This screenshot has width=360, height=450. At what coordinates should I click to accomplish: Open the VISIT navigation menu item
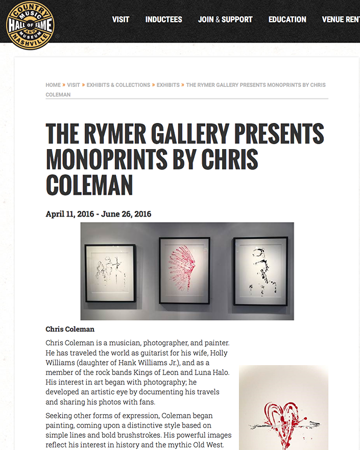[x=121, y=19]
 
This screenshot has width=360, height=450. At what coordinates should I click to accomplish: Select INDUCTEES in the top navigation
[x=163, y=19]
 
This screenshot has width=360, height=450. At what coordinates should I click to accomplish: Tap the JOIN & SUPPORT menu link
[x=225, y=19]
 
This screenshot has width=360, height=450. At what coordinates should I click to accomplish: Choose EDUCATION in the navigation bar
[x=287, y=19]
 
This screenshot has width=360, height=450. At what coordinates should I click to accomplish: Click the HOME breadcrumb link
[x=53, y=85]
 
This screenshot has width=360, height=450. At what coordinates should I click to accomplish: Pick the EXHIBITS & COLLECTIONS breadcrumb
[x=118, y=85]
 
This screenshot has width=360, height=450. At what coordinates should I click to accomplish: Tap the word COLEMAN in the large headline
[x=89, y=185]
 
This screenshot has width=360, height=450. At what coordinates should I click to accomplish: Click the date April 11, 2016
[x=70, y=214]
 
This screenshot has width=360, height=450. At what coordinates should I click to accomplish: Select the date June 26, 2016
[x=126, y=214]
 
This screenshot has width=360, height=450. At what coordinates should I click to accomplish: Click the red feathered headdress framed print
[x=184, y=271]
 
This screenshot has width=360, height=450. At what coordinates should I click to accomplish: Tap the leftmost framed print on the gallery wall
[x=110, y=273]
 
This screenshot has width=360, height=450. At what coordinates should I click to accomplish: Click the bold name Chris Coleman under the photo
[x=70, y=329]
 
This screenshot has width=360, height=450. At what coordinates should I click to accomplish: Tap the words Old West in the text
[x=213, y=445]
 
